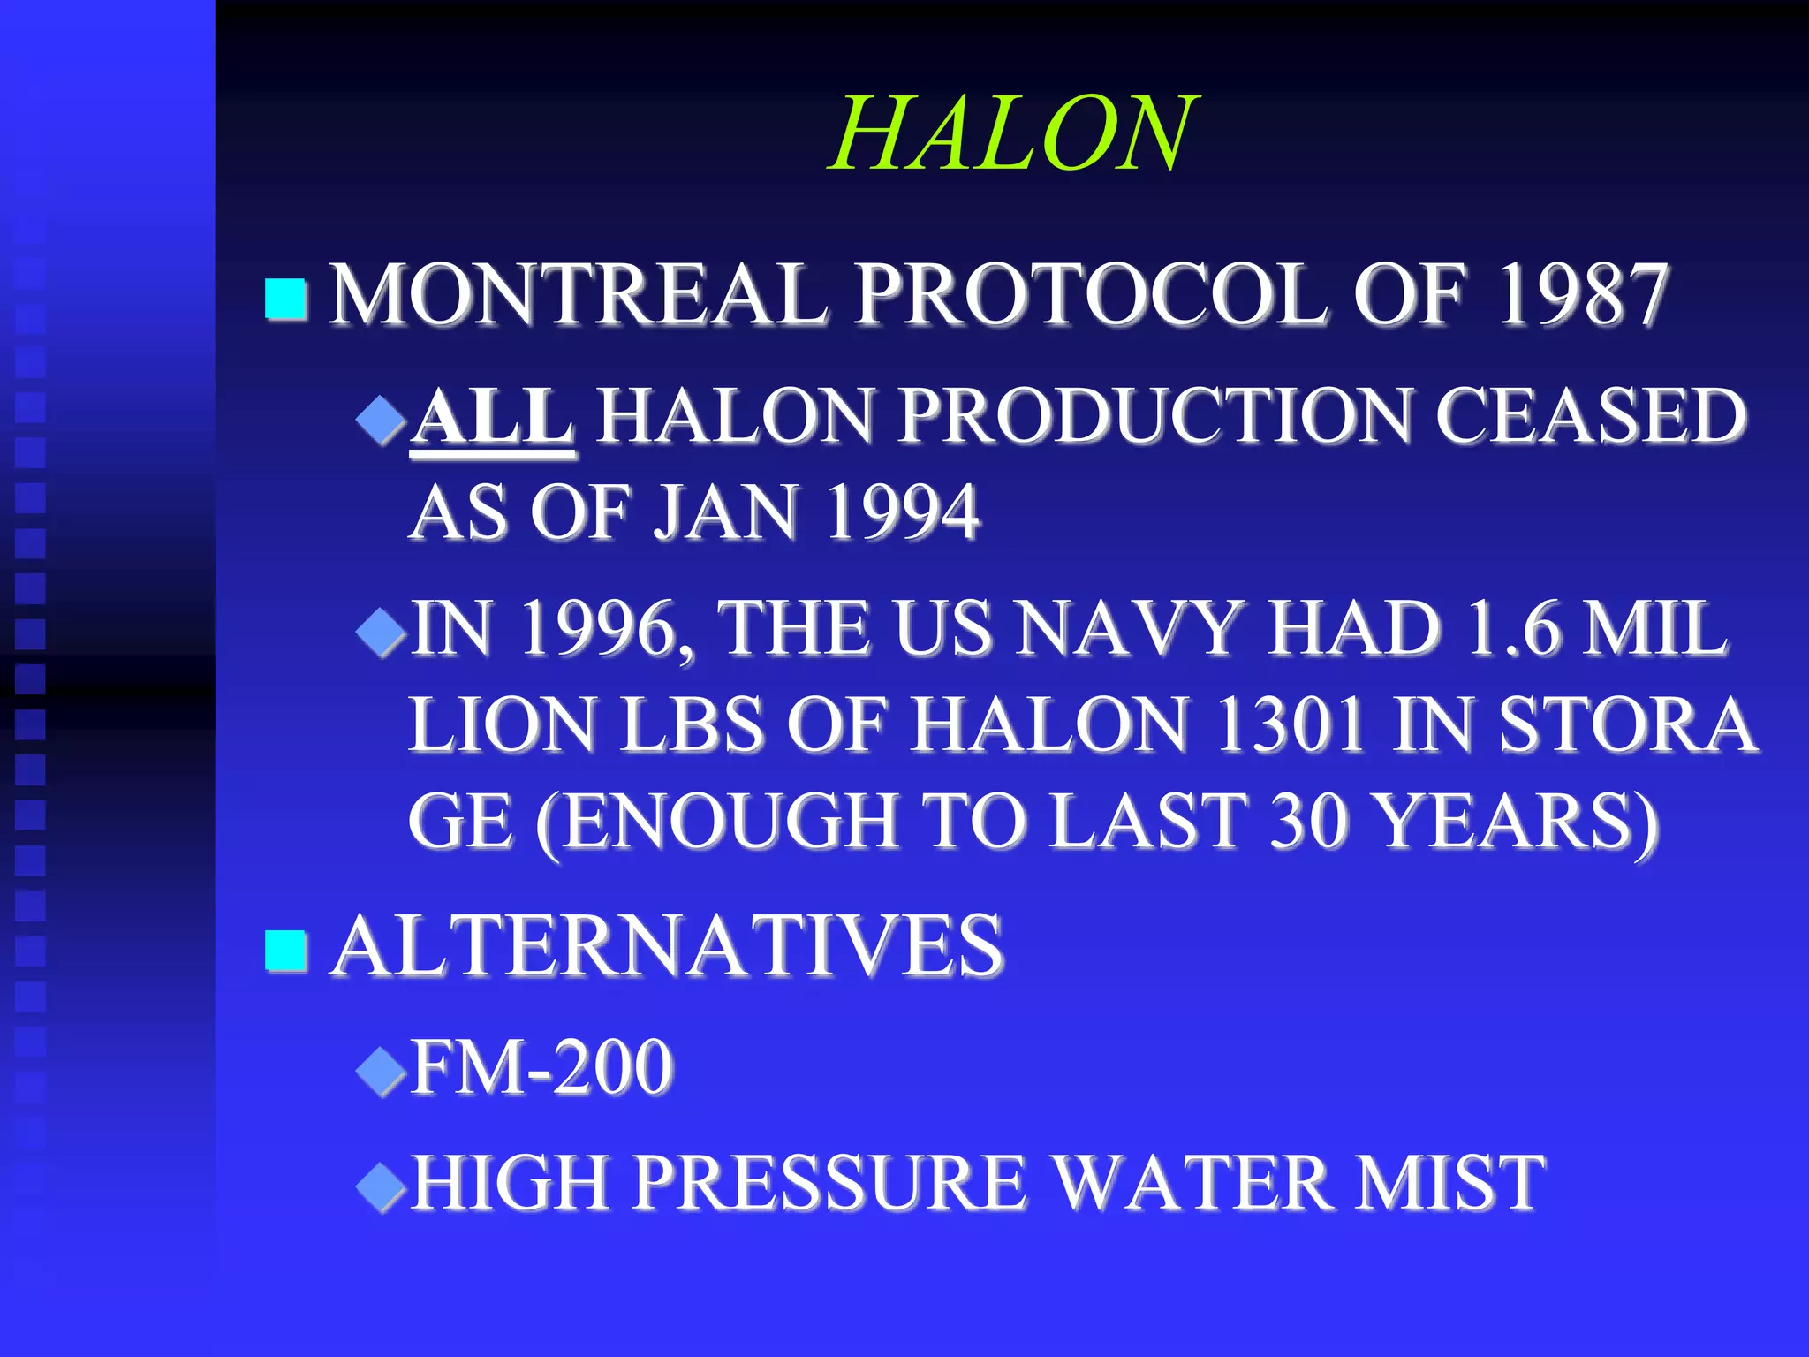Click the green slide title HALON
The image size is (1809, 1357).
tap(1013, 134)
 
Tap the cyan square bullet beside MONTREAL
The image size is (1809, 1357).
tap(285, 299)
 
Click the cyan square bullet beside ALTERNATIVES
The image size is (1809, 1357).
tap(285, 951)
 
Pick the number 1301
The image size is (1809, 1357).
tap(1291, 724)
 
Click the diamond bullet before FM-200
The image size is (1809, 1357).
tap(381, 1071)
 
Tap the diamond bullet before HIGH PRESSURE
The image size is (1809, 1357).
tap(381, 1186)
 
